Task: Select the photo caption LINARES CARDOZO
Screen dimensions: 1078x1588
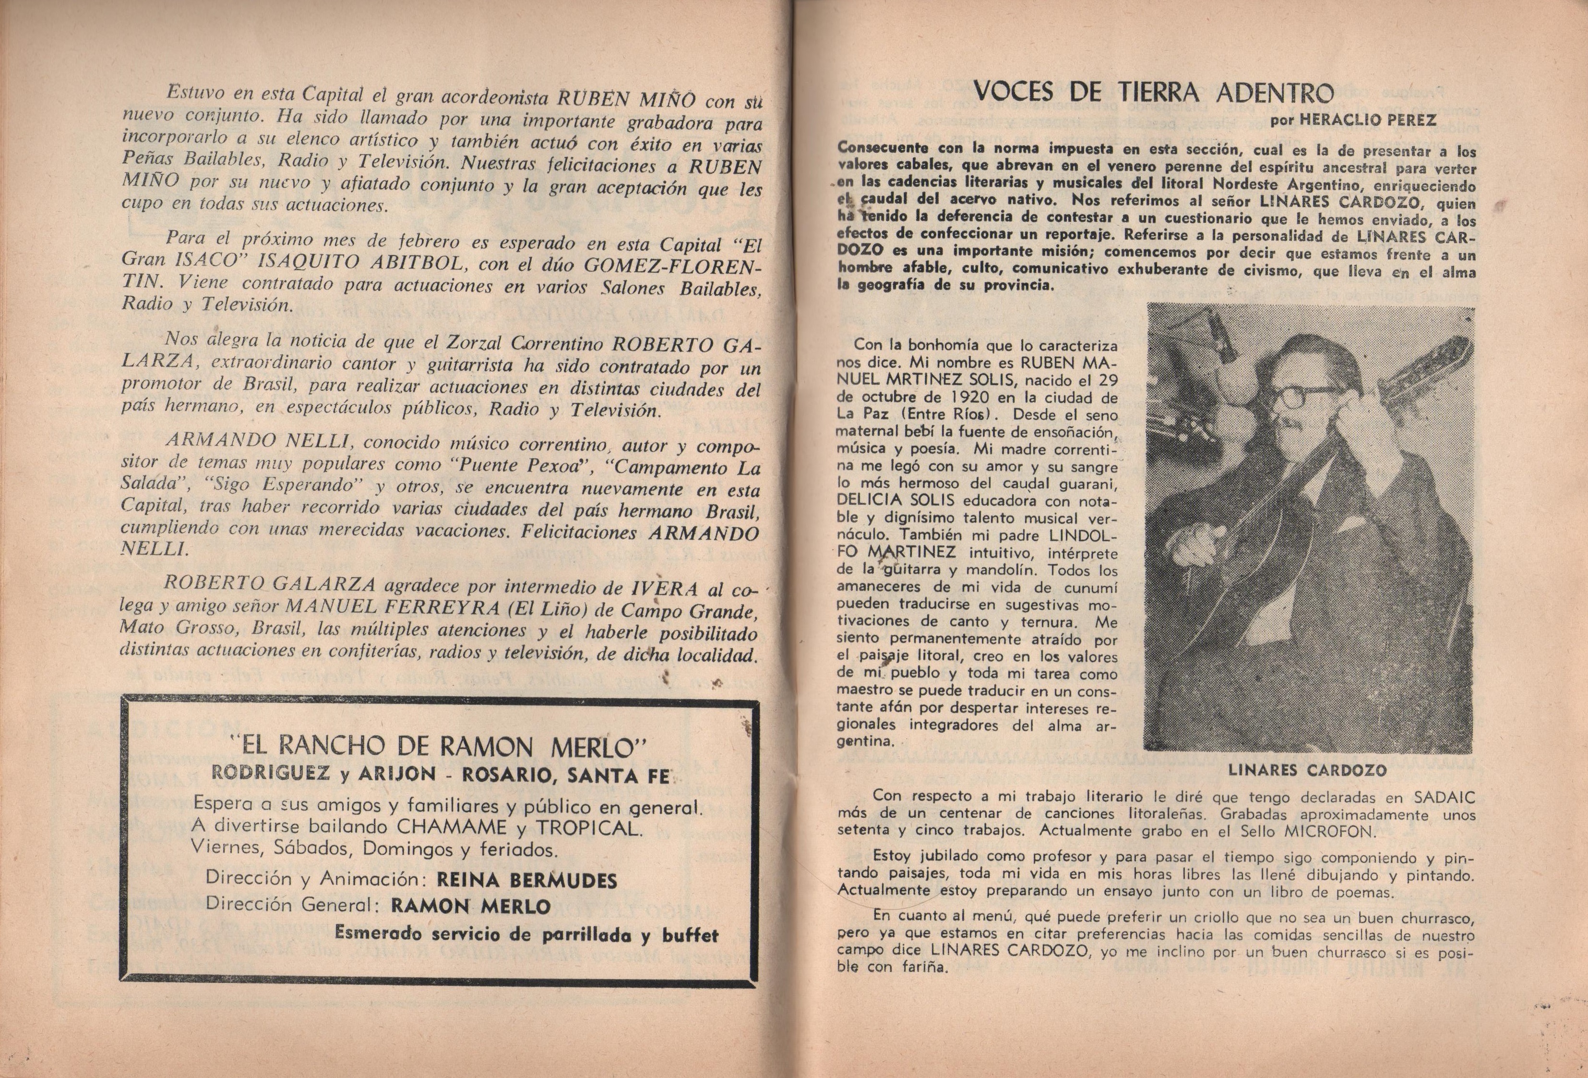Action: [1308, 770]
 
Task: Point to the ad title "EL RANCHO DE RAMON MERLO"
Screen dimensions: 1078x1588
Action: [439, 747]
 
